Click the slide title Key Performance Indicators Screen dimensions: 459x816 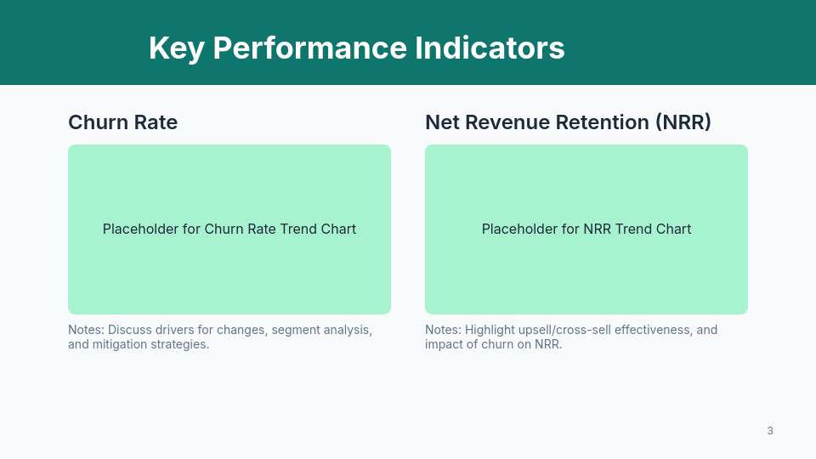tap(356, 48)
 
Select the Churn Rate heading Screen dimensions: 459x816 tap(122, 122)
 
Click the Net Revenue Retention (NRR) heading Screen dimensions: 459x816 tap(568, 122)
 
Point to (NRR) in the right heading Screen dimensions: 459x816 tap(683, 122)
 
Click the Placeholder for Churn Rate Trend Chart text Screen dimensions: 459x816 tap(229, 229)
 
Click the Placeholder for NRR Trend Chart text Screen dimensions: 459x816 tap(586, 229)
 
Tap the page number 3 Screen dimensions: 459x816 tap(770, 431)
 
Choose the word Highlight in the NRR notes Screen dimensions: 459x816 tap(488, 330)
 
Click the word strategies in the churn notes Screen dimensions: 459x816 tap(181, 344)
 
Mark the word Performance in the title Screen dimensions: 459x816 tap(309, 48)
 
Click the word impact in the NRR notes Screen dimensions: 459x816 tap(443, 344)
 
